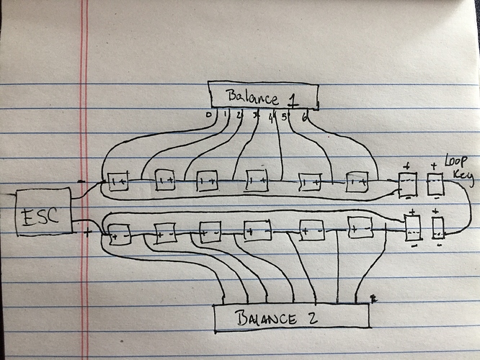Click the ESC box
pyautogui.click(x=43, y=212)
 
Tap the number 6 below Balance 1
pyautogui.click(x=306, y=117)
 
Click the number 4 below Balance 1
pyautogui.click(x=271, y=117)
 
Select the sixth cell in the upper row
pyautogui.click(x=357, y=182)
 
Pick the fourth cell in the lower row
pyautogui.click(x=257, y=232)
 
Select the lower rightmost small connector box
pyautogui.click(x=439, y=227)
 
